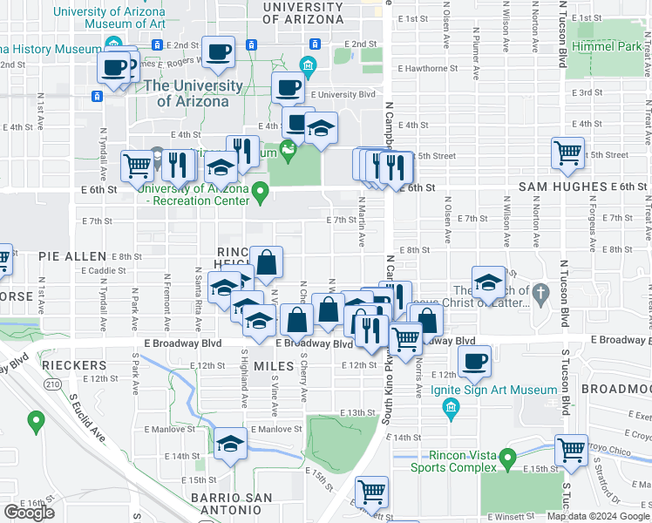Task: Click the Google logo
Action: (29, 512)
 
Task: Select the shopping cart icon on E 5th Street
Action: (567, 153)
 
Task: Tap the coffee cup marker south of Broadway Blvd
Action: (474, 359)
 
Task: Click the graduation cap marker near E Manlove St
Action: (229, 443)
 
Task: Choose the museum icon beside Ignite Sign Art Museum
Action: (451, 407)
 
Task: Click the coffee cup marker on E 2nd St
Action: (218, 50)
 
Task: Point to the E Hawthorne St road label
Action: (427, 68)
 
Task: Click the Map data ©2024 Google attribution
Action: (598, 516)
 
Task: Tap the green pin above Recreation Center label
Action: (260, 190)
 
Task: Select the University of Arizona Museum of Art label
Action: (109, 17)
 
